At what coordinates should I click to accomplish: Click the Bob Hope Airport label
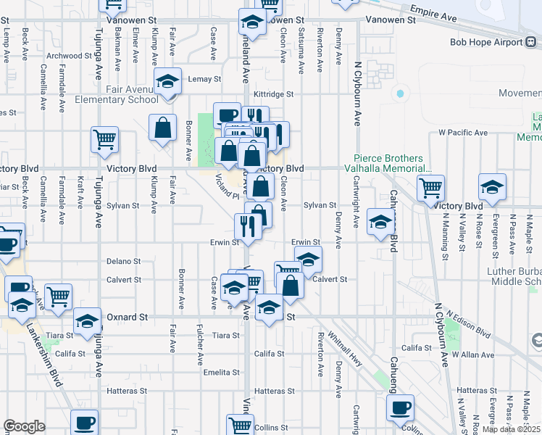pos(481,42)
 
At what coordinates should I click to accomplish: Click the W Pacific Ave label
pos(463,133)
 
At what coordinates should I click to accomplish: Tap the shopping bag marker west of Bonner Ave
pos(163,128)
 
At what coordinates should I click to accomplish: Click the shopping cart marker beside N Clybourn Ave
pos(430,188)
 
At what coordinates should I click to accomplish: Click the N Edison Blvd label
pos(468,326)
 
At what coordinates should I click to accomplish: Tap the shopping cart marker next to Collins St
pos(240,424)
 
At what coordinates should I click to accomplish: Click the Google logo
pos(24,426)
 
